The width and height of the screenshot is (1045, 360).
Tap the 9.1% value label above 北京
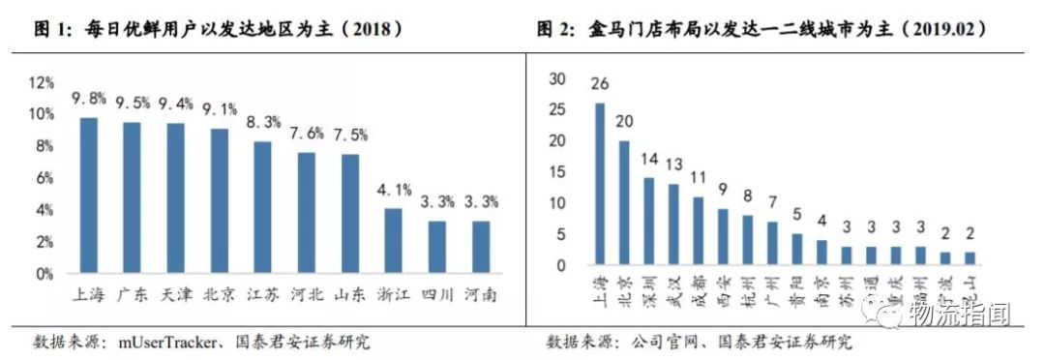[x=221, y=108]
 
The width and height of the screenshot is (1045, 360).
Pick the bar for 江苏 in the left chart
[x=262, y=207]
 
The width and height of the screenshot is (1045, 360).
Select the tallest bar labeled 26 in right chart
[x=600, y=184]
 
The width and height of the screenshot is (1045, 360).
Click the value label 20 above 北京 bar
[x=624, y=122]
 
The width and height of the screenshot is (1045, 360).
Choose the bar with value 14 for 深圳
[x=649, y=222]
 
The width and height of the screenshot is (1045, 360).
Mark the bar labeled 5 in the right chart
[x=797, y=249]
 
